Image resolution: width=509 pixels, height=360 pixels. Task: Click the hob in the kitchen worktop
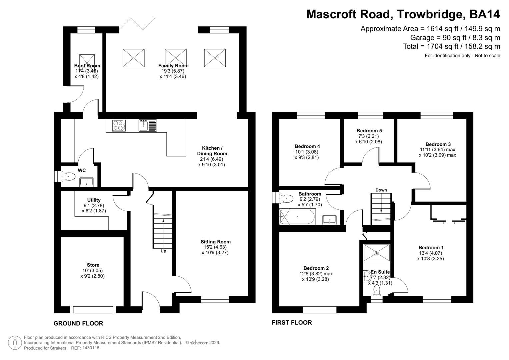coord(119,126)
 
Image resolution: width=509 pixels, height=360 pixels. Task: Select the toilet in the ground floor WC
coord(68,176)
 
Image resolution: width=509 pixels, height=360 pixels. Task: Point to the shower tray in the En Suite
coord(377,253)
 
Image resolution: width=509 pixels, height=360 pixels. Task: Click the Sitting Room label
coord(215,242)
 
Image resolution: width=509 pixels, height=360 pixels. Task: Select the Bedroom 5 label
coord(369,131)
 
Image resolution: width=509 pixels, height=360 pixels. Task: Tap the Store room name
coord(93,265)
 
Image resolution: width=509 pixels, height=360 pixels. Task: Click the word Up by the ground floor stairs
coord(163,251)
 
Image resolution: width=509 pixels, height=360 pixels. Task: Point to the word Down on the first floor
coord(381,190)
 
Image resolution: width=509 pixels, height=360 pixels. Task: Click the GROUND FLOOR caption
coord(78,323)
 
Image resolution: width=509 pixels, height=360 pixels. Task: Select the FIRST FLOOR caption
coord(292,322)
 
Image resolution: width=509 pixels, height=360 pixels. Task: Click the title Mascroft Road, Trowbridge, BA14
coord(403,14)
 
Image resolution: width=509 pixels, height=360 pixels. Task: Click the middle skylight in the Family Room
coord(176,58)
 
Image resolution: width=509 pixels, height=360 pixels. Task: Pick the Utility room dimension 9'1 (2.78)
coord(94,205)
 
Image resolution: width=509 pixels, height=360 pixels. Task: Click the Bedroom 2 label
coord(316,268)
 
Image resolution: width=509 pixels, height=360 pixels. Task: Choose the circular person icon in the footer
coord(15,343)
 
